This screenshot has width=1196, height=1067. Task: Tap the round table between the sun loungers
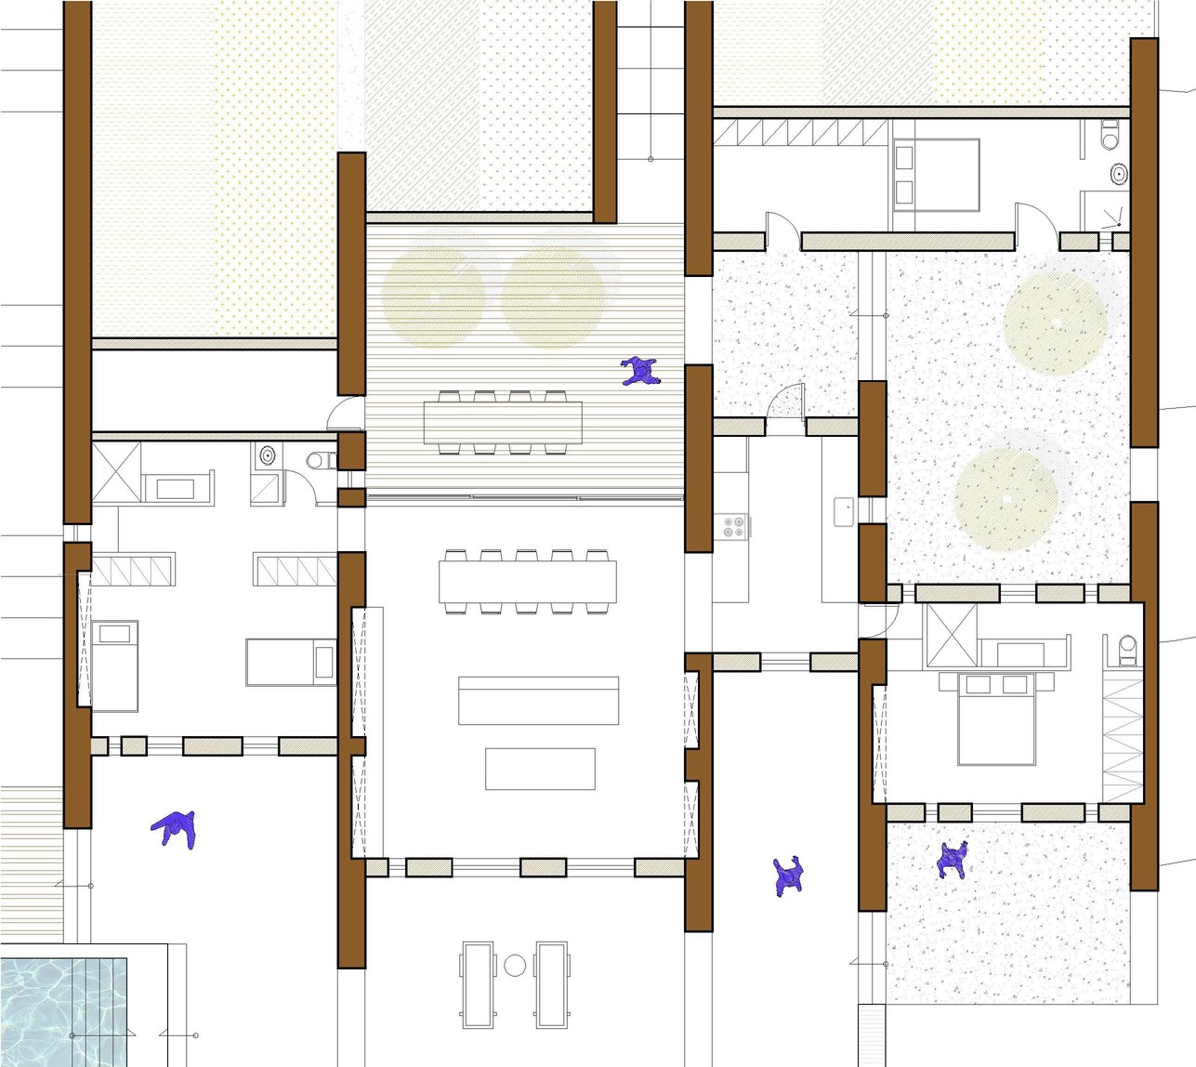[x=515, y=966]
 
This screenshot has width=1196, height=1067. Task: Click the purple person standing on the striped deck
[x=639, y=372]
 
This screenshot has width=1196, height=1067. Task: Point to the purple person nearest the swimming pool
[x=175, y=828]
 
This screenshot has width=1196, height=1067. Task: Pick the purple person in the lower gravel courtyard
[x=953, y=861]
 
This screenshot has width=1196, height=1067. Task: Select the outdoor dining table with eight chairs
[x=503, y=423]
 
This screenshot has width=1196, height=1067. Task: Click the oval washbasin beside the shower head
[x=1120, y=173]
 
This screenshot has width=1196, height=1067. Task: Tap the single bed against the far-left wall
[x=114, y=665]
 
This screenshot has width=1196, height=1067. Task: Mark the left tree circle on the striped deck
[x=434, y=296]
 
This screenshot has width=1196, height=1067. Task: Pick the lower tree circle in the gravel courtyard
[x=1006, y=499]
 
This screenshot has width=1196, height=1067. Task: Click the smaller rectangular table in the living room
[x=540, y=769]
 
